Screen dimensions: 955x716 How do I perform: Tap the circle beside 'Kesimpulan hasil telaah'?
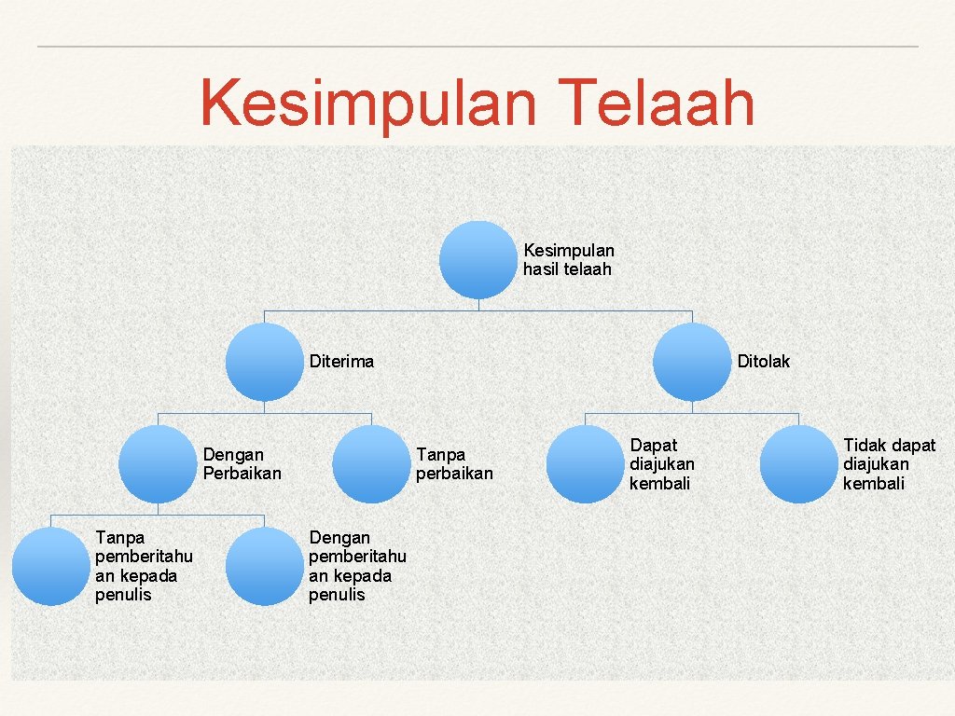[x=478, y=259]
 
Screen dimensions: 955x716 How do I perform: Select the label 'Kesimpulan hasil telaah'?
[x=569, y=260]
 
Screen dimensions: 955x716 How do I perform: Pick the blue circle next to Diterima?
[x=265, y=362]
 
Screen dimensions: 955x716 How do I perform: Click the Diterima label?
[x=341, y=362]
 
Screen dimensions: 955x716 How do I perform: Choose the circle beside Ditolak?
[x=692, y=362]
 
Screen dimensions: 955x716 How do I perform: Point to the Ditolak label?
[x=763, y=362]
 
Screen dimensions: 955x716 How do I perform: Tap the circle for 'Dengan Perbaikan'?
[x=159, y=464]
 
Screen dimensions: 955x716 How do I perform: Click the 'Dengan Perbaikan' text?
[x=242, y=464]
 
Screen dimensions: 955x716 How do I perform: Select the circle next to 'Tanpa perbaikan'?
[x=372, y=464]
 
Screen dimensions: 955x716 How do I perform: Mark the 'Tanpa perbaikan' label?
[x=454, y=464]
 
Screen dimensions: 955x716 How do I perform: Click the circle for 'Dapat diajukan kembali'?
[x=585, y=464]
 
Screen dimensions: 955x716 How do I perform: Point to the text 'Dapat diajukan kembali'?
[x=661, y=464]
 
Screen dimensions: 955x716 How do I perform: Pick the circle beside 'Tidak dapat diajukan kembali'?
[x=799, y=464]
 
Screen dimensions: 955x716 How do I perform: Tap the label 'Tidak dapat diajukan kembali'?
[x=889, y=464]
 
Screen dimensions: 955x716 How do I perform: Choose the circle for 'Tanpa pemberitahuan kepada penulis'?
[x=51, y=566]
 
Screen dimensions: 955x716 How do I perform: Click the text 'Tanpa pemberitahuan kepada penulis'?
[x=144, y=566]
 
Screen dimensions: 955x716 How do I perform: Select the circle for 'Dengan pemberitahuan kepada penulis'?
[x=265, y=566]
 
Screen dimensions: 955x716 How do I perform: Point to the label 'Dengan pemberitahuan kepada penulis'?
[x=357, y=566]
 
